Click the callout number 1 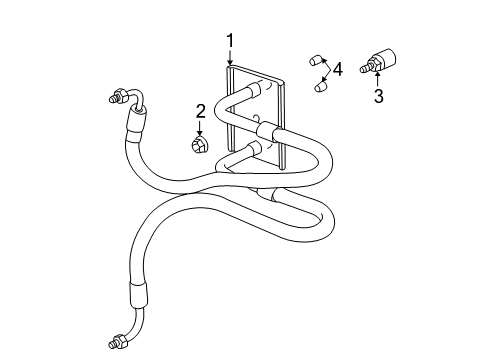tap(230, 41)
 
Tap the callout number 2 tap(200, 110)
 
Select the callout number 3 tap(378, 97)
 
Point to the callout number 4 tap(338, 69)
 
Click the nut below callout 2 tap(199, 146)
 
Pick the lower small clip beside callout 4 tap(320, 86)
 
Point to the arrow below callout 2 tap(200, 128)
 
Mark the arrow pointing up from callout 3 tap(378, 77)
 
